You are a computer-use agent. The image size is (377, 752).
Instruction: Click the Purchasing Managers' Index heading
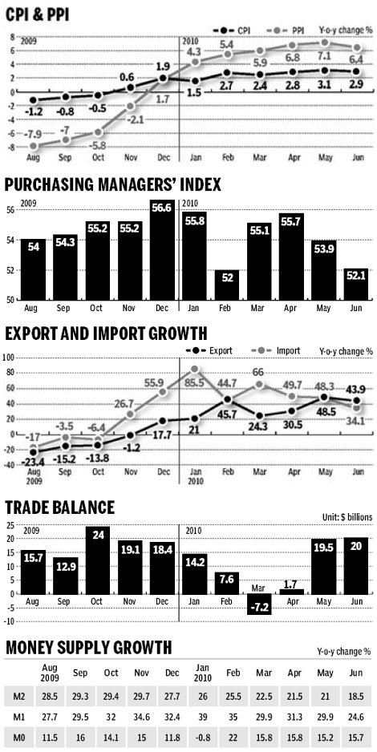(113, 186)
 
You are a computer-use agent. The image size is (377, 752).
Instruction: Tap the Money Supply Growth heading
(87, 646)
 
